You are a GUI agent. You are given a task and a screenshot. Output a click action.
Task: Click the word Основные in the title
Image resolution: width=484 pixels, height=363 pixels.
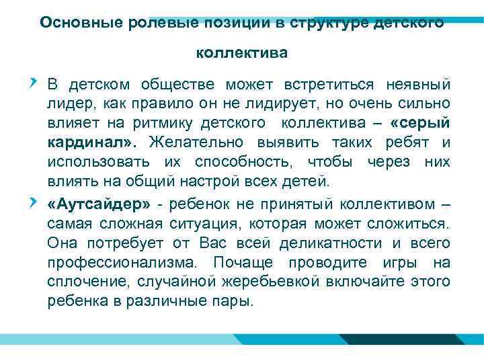click(74, 22)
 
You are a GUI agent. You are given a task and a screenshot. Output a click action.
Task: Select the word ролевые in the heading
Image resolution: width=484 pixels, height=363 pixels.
click(143, 22)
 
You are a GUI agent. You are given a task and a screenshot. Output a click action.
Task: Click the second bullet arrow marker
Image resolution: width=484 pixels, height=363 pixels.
click(33, 202)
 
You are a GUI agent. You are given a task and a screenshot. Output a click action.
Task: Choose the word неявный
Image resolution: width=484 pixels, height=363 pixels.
click(417, 85)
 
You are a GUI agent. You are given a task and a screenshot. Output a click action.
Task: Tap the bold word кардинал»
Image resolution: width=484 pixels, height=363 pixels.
click(91, 143)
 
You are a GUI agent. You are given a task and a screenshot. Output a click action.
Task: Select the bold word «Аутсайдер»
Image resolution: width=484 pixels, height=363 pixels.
click(99, 204)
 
